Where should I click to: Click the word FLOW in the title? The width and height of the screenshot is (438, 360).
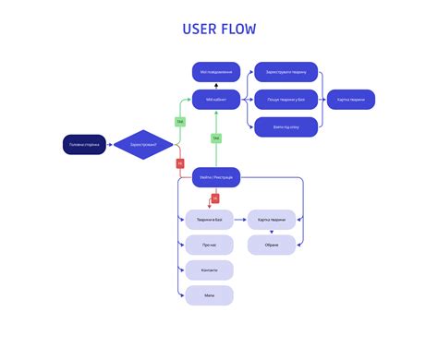237,30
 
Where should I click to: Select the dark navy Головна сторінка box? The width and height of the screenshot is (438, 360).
86,144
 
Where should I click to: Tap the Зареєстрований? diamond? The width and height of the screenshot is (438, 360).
142,144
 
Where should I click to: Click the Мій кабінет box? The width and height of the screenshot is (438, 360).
216,99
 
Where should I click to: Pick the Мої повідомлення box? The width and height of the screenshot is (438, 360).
216,72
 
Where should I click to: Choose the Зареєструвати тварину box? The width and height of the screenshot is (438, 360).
286,72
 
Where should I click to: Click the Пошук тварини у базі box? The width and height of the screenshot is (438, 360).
286,99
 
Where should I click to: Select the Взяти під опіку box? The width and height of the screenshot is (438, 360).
286,126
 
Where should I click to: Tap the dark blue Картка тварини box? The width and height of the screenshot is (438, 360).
350,99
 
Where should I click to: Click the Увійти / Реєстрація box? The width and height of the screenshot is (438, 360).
216,176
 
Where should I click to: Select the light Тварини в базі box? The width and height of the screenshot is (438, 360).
209,220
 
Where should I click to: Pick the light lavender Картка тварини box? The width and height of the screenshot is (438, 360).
272,220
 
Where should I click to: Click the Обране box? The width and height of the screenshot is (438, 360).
272,245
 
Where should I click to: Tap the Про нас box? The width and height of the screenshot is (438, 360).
209,245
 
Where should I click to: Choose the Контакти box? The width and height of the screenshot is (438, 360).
209,270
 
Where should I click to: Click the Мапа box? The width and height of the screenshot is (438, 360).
209,294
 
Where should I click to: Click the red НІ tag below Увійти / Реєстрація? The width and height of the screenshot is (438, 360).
215,198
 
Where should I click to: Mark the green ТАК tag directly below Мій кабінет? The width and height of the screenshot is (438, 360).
215,138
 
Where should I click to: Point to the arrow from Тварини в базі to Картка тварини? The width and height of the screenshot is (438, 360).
240,220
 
